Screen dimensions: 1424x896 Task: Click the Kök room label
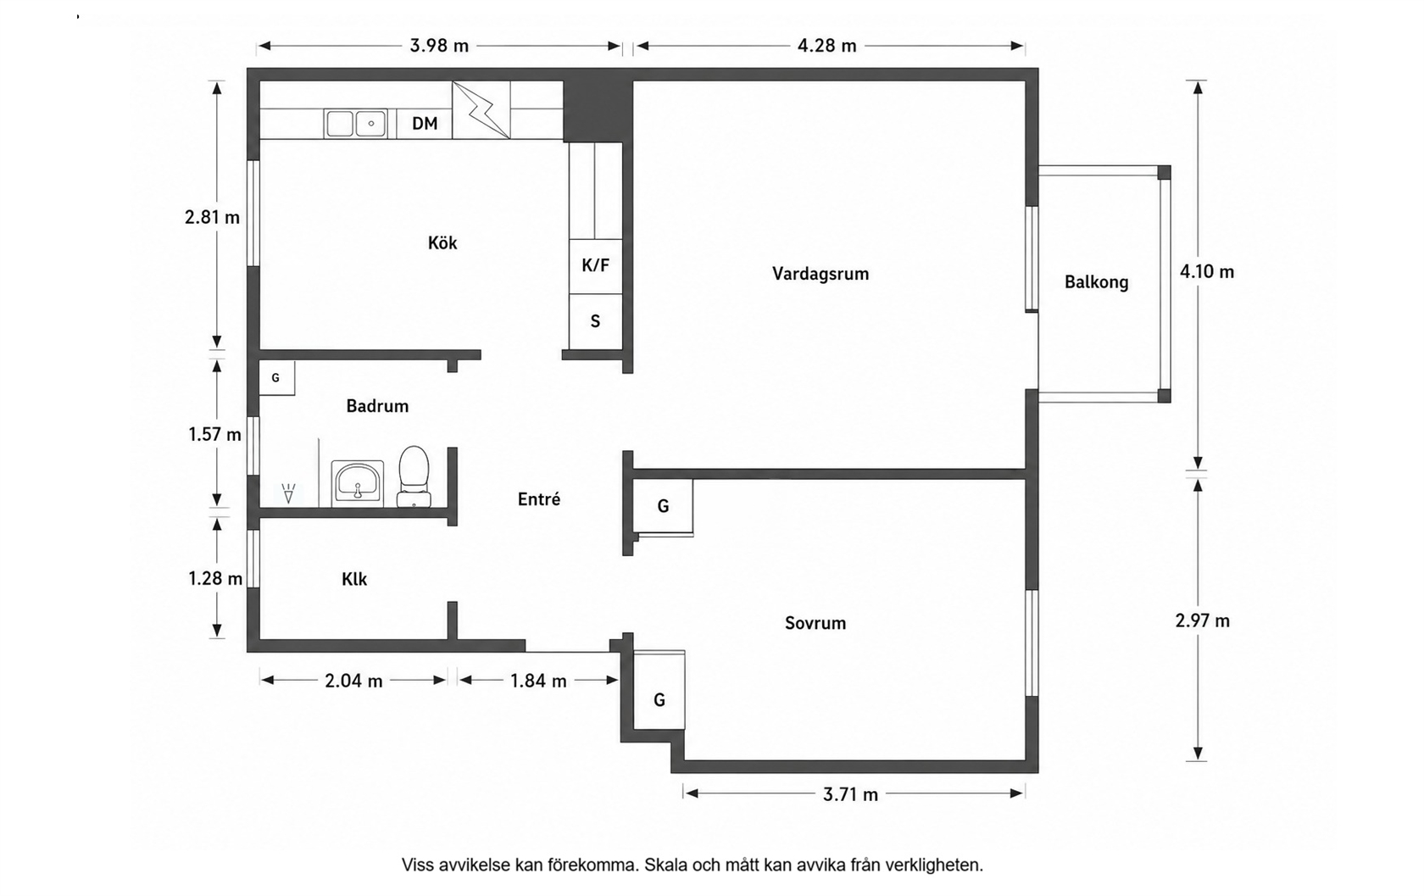tap(442, 243)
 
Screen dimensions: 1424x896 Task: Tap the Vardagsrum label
tap(820, 274)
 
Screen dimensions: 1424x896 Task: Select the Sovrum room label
tap(815, 623)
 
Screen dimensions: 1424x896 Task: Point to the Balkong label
tap(1097, 282)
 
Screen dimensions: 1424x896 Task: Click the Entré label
tap(539, 499)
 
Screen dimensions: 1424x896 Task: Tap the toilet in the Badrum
tap(414, 476)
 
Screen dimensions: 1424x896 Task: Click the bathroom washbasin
tap(358, 484)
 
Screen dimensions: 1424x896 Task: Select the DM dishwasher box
tap(425, 124)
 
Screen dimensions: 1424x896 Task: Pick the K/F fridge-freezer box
tap(595, 266)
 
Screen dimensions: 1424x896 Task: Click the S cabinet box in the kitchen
tap(595, 321)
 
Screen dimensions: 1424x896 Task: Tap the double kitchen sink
tap(355, 124)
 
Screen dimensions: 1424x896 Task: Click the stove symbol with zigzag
tap(481, 109)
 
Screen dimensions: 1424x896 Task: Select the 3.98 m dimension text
tap(439, 46)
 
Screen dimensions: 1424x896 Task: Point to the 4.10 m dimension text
tap(1207, 272)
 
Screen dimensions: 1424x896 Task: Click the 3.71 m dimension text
tap(851, 794)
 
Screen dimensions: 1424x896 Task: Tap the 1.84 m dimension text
tap(538, 681)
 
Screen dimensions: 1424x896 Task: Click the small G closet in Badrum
tap(276, 378)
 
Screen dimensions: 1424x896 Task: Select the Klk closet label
tap(354, 579)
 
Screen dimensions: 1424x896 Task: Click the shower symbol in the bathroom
tap(288, 493)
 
